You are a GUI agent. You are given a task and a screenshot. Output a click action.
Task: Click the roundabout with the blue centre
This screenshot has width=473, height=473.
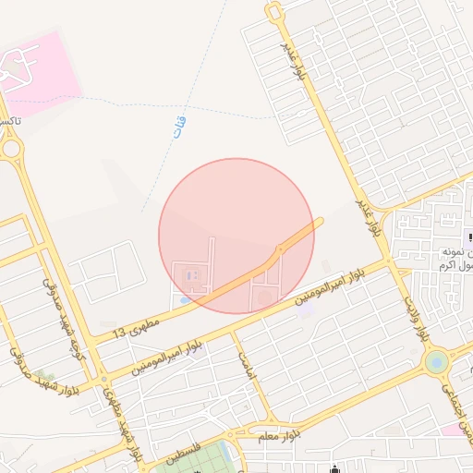click(436, 359)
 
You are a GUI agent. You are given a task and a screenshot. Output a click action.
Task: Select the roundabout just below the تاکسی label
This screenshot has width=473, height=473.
click(10, 148)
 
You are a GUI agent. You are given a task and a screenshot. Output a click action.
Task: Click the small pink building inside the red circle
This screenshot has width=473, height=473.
click(191, 275)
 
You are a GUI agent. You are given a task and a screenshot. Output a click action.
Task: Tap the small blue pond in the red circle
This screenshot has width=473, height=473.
click(185, 299)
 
